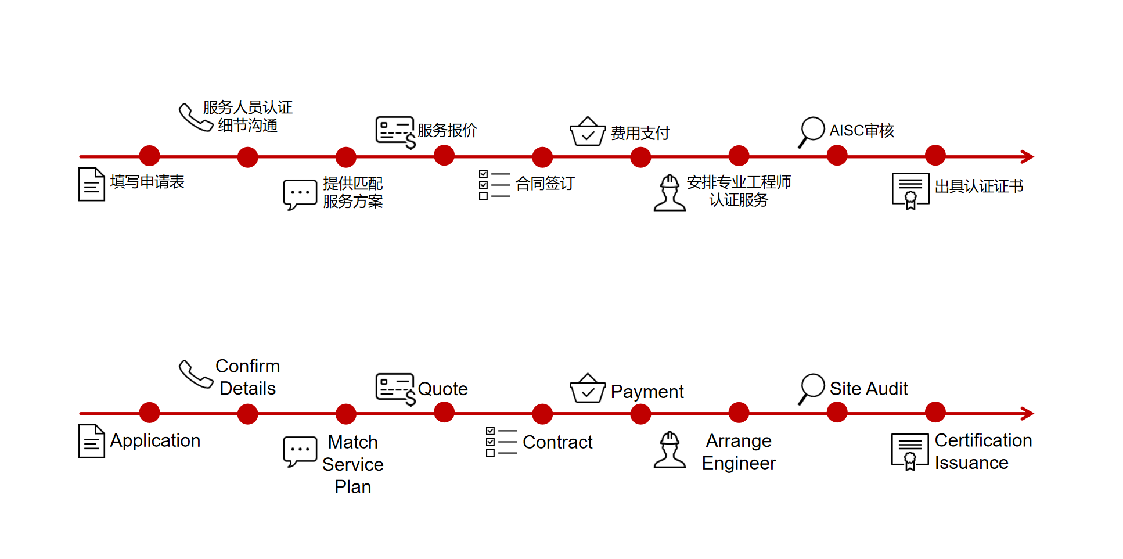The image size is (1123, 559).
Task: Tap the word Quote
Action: click(x=442, y=389)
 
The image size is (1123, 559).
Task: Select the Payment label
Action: click(x=647, y=392)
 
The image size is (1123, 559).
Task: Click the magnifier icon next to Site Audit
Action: click(x=811, y=389)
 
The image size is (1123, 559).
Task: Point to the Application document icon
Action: click(x=92, y=441)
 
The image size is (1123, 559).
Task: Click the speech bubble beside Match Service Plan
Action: click(x=300, y=451)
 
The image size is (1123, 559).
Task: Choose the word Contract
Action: click(x=557, y=442)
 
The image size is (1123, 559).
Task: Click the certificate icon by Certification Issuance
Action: click(x=910, y=451)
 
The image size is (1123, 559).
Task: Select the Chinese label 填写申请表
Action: click(x=147, y=182)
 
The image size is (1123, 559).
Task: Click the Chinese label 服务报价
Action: click(x=447, y=130)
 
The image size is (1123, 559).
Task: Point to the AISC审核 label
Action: click(x=862, y=131)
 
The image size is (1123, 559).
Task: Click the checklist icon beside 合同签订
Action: click(x=494, y=185)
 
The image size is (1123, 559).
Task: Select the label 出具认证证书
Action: click(x=979, y=187)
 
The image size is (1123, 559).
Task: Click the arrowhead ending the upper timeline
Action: click(x=1028, y=157)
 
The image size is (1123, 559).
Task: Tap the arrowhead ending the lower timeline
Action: click(x=1028, y=414)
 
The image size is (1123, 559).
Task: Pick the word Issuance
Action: click(x=971, y=463)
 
